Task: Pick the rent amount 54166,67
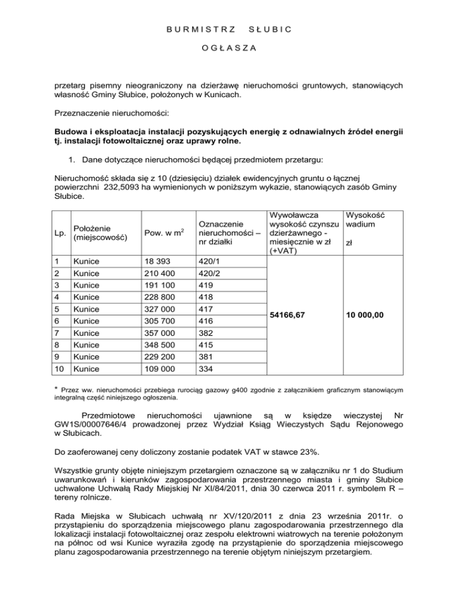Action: [292, 316]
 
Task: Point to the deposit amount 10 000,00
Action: [368, 316]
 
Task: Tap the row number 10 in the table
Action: [58, 369]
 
